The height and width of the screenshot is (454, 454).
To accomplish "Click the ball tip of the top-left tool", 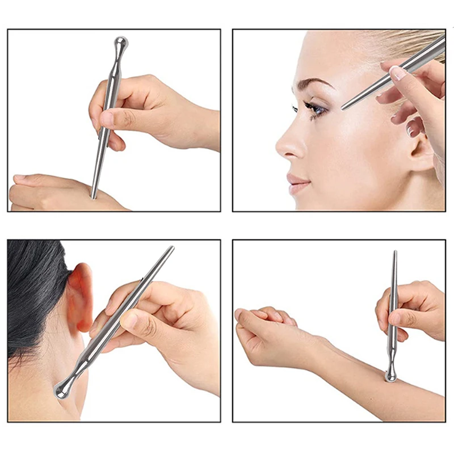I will click(121, 42).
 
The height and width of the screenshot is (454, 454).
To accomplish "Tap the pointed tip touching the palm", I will click(93, 196).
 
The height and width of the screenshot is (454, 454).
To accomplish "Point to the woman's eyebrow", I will click(312, 85).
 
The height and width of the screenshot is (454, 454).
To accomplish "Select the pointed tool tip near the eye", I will click(343, 108).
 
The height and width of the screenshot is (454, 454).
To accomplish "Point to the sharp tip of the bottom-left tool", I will click(171, 247).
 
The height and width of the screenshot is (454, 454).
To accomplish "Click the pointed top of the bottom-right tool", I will click(394, 253).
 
